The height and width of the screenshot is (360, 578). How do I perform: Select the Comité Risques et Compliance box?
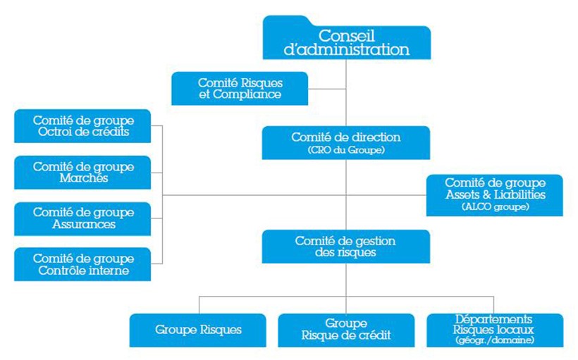240,89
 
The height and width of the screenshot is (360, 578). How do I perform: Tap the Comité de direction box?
346,143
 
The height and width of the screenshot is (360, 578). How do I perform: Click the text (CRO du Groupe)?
346,150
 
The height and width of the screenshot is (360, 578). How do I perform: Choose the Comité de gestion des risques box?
346,247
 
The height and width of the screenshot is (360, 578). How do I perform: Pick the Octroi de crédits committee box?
82,126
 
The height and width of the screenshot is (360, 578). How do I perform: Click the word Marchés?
84,178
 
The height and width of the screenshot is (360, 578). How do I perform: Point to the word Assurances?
84,224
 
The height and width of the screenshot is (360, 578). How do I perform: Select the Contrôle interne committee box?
82,264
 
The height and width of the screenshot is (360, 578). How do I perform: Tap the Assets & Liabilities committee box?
494,195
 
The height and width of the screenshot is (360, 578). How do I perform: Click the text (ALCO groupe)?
495,206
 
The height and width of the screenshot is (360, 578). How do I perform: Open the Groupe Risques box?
197,330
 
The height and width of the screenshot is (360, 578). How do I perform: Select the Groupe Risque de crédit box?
346,330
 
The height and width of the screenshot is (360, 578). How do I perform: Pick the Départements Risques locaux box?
495,330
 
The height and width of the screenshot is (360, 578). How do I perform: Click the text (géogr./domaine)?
494,340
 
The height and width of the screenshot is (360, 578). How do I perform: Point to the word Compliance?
247,94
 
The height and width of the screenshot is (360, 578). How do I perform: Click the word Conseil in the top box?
347,36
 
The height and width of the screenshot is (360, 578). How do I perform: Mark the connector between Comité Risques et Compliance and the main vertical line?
327,89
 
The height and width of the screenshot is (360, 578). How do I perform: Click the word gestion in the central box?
372,242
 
